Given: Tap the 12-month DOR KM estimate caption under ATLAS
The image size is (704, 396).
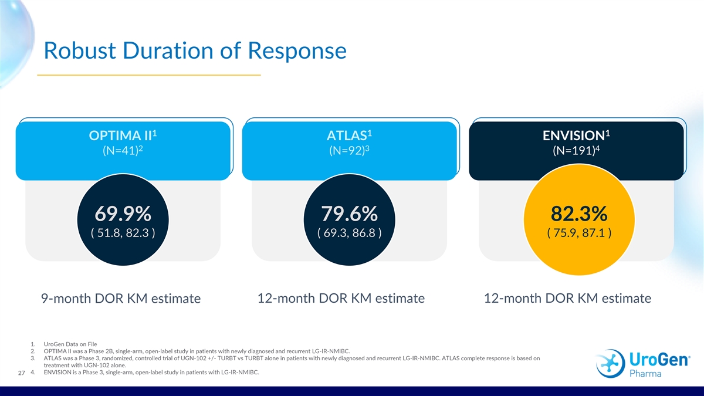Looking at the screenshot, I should coord(341,298).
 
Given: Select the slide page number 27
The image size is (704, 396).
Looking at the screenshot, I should coord(21,373).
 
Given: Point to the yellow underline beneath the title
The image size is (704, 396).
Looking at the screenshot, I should coord(148,75).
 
